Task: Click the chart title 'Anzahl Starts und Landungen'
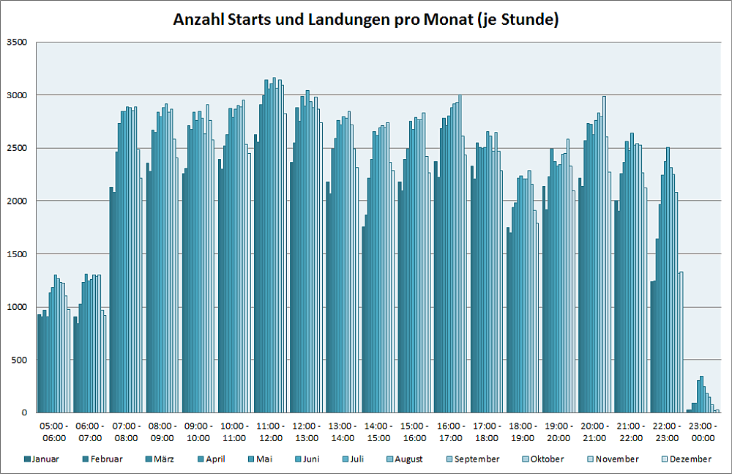click(365, 20)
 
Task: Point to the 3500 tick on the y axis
click(15, 42)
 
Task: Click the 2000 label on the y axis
click(15, 201)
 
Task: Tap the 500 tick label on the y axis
click(18, 360)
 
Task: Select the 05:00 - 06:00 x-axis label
click(54, 432)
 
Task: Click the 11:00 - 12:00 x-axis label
click(270, 432)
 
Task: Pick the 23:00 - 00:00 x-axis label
click(703, 432)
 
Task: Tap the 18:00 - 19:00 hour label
click(523, 432)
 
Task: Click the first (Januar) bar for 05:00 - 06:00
click(38, 363)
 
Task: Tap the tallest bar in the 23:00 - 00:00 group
click(701, 395)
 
